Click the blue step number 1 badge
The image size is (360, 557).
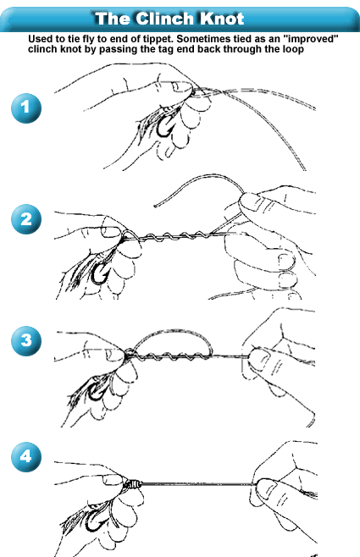click(26, 108)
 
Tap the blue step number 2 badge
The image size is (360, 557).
click(26, 218)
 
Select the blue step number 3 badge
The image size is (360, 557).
click(26, 340)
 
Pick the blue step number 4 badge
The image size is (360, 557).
click(26, 457)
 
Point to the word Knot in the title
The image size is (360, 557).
click(222, 19)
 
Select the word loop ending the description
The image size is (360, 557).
click(293, 49)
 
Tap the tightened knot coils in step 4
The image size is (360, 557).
click(132, 484)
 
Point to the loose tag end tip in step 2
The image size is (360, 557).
click(155, 206)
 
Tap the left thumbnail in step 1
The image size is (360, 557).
click(183, 86)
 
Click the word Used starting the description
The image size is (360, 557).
click(38, 39)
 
